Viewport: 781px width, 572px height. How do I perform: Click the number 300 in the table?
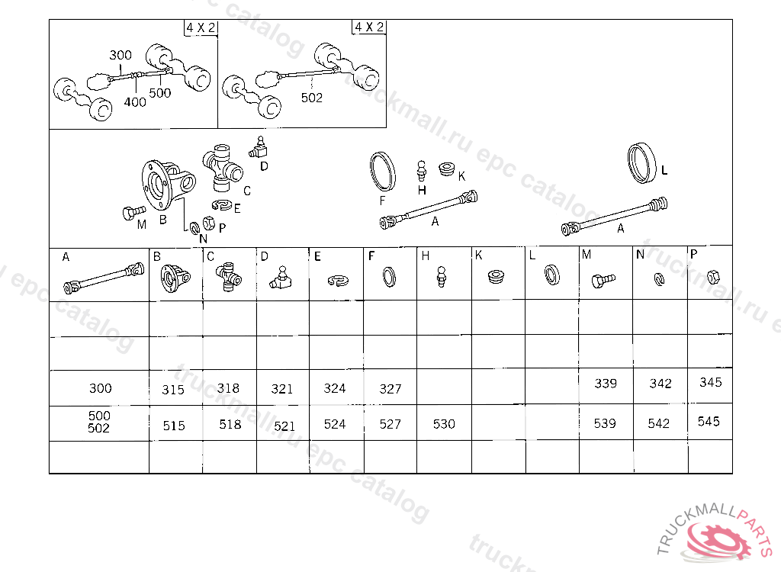click(100, 388)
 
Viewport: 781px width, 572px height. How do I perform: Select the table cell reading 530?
click(444, 424)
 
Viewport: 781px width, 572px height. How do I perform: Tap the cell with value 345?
click(710, 383)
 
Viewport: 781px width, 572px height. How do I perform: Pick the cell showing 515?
click(174, 426)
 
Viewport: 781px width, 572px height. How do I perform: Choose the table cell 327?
click(390, 389)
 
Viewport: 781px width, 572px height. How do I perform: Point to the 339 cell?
click(606, 384)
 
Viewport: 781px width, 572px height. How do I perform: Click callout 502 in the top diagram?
click(312, 98)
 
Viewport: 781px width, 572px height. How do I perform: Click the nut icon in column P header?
click(710, 276)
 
